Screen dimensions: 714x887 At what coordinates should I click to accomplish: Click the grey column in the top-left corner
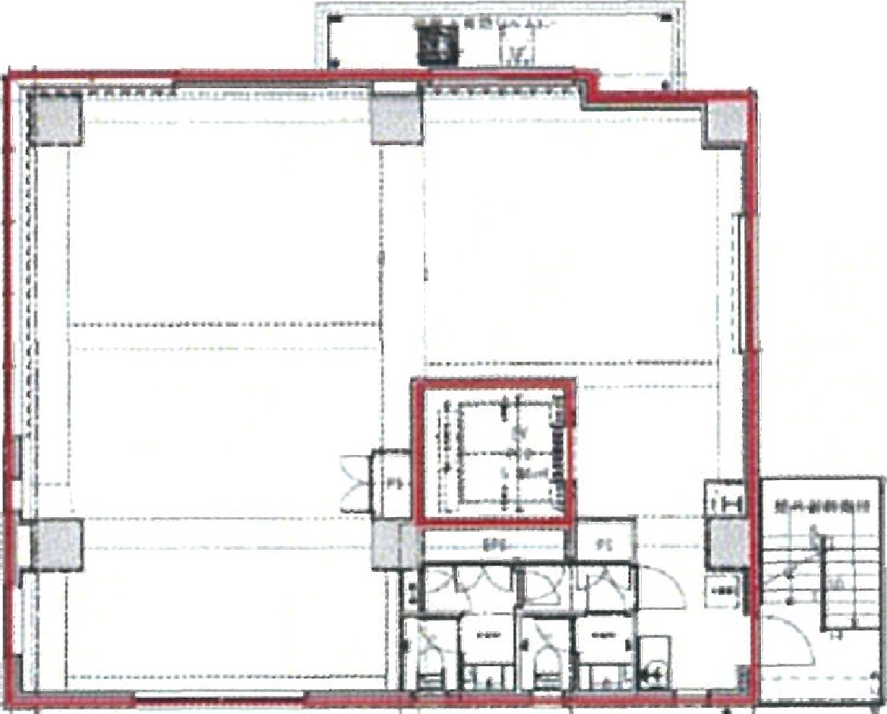[x=55, y=118]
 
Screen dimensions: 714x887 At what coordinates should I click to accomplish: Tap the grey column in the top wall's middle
[x=394, y=118]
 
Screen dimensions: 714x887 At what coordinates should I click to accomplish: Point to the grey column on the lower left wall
[x=56, y=544]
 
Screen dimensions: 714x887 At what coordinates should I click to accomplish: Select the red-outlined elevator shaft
[x=494, y=452]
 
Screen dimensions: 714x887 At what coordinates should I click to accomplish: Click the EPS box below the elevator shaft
[x=494, y=545]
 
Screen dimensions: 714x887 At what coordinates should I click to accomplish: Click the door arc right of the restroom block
[x=659, y=589]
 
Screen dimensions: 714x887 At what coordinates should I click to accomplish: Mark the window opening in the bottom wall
[x=220, y=697]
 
